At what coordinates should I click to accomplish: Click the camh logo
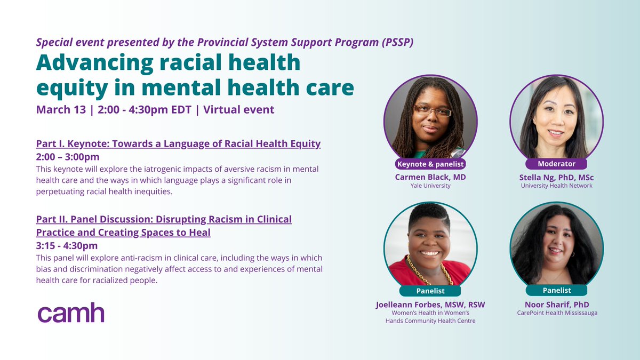click(70, 314)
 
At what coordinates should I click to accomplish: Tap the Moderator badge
click(556, 164)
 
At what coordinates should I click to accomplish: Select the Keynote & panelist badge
click(430, 164)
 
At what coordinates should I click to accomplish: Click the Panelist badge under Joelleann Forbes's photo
click(430, 291)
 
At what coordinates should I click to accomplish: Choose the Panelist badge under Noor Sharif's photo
click(556, 290)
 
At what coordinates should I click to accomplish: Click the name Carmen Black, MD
click(430, 176)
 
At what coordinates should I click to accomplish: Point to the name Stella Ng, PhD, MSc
click(556, 176)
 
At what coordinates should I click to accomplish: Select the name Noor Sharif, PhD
click(556, 303)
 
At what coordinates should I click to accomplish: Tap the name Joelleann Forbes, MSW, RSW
click(430, 305)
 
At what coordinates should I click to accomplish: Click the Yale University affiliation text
click(430, 186)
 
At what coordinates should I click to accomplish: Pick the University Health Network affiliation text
click(556, 186)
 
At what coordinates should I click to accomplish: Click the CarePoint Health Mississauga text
click(556, 313)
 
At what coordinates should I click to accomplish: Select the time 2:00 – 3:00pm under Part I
click(68, 157)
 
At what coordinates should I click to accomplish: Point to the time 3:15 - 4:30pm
click(67, 245)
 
